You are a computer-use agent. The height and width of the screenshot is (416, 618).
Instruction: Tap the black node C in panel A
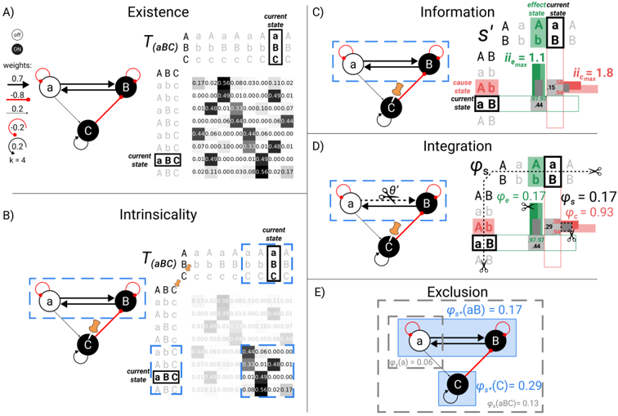pos(89,129)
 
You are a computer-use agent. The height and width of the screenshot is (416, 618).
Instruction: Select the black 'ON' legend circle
pos(18,51)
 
